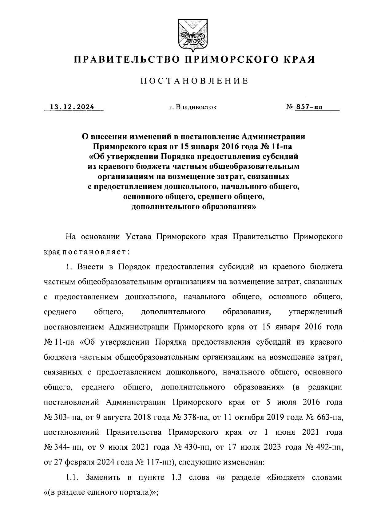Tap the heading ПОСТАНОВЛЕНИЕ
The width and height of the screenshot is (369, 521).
pyautogui.click(x=194, y=81)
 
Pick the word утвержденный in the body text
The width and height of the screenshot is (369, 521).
pyautogui.click(x=315, y=312)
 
